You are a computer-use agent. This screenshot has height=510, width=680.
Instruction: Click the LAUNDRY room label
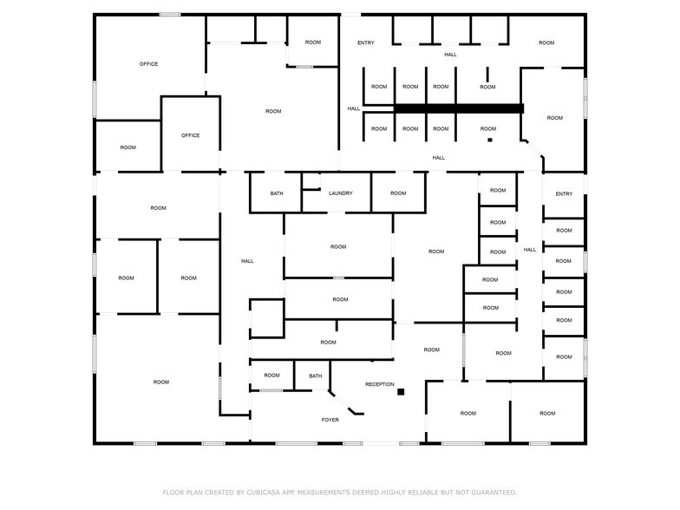coord(340,193)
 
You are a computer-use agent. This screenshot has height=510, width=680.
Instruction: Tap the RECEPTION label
coord(380,385)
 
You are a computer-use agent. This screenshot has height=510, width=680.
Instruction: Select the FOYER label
coord(330,420)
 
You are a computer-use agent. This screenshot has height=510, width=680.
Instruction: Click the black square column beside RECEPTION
coord(401,392)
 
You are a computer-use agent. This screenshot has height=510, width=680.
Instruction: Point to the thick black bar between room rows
coord(458,108)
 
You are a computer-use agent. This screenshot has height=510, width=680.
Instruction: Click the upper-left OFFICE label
coord(149,64)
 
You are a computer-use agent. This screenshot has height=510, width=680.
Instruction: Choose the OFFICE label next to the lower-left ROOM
coord(191,135)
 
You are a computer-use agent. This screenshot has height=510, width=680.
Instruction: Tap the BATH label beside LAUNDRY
coord(277,193)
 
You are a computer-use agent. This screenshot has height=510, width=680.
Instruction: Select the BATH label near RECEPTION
coord(316,376)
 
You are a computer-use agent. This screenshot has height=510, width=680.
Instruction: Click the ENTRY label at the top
coord(366,43)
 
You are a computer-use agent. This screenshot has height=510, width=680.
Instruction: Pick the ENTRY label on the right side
coord(564,194)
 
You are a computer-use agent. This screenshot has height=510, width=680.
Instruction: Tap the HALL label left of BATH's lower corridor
coord(247,261)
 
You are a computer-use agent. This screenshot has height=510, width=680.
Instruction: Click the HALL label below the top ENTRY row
coord(451,55)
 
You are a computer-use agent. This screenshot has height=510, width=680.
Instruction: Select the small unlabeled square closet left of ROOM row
coord(267,318)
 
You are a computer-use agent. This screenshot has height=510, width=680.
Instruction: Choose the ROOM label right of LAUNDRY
coord(398,193)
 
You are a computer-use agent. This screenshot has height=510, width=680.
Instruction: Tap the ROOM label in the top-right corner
coord(546,43)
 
